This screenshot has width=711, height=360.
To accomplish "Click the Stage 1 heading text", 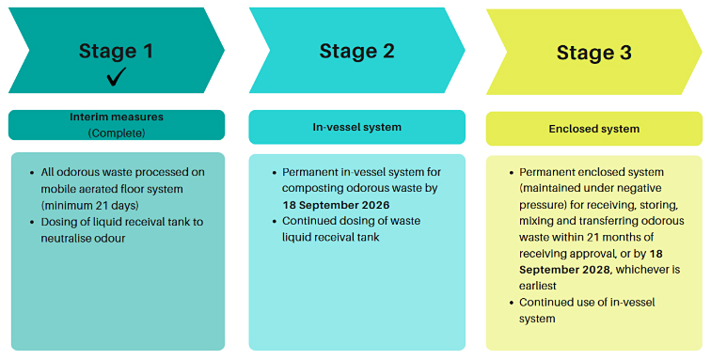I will (x=117, y=51).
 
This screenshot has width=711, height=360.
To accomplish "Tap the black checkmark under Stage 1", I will (x=117, y=76).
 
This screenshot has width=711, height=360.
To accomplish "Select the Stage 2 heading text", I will (x=356, y=51).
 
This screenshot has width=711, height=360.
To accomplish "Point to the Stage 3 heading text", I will (x=593, y=53).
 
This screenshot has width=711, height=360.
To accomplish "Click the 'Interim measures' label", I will (x=117, y=117).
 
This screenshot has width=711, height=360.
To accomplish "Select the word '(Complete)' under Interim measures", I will (x=117, y=133).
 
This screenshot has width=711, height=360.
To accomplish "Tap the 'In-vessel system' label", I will (x=356, y=127).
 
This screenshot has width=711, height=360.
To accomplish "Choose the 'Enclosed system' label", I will (x=593, y=129).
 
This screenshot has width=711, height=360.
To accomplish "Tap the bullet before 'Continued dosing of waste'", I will (x=273, y=222).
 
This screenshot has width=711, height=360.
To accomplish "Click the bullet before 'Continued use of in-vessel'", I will (x=510, y=303).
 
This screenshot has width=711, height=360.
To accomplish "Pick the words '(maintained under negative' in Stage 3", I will (x=592, y=189).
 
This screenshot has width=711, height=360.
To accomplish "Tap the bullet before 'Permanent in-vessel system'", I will (x=273, y=172).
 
